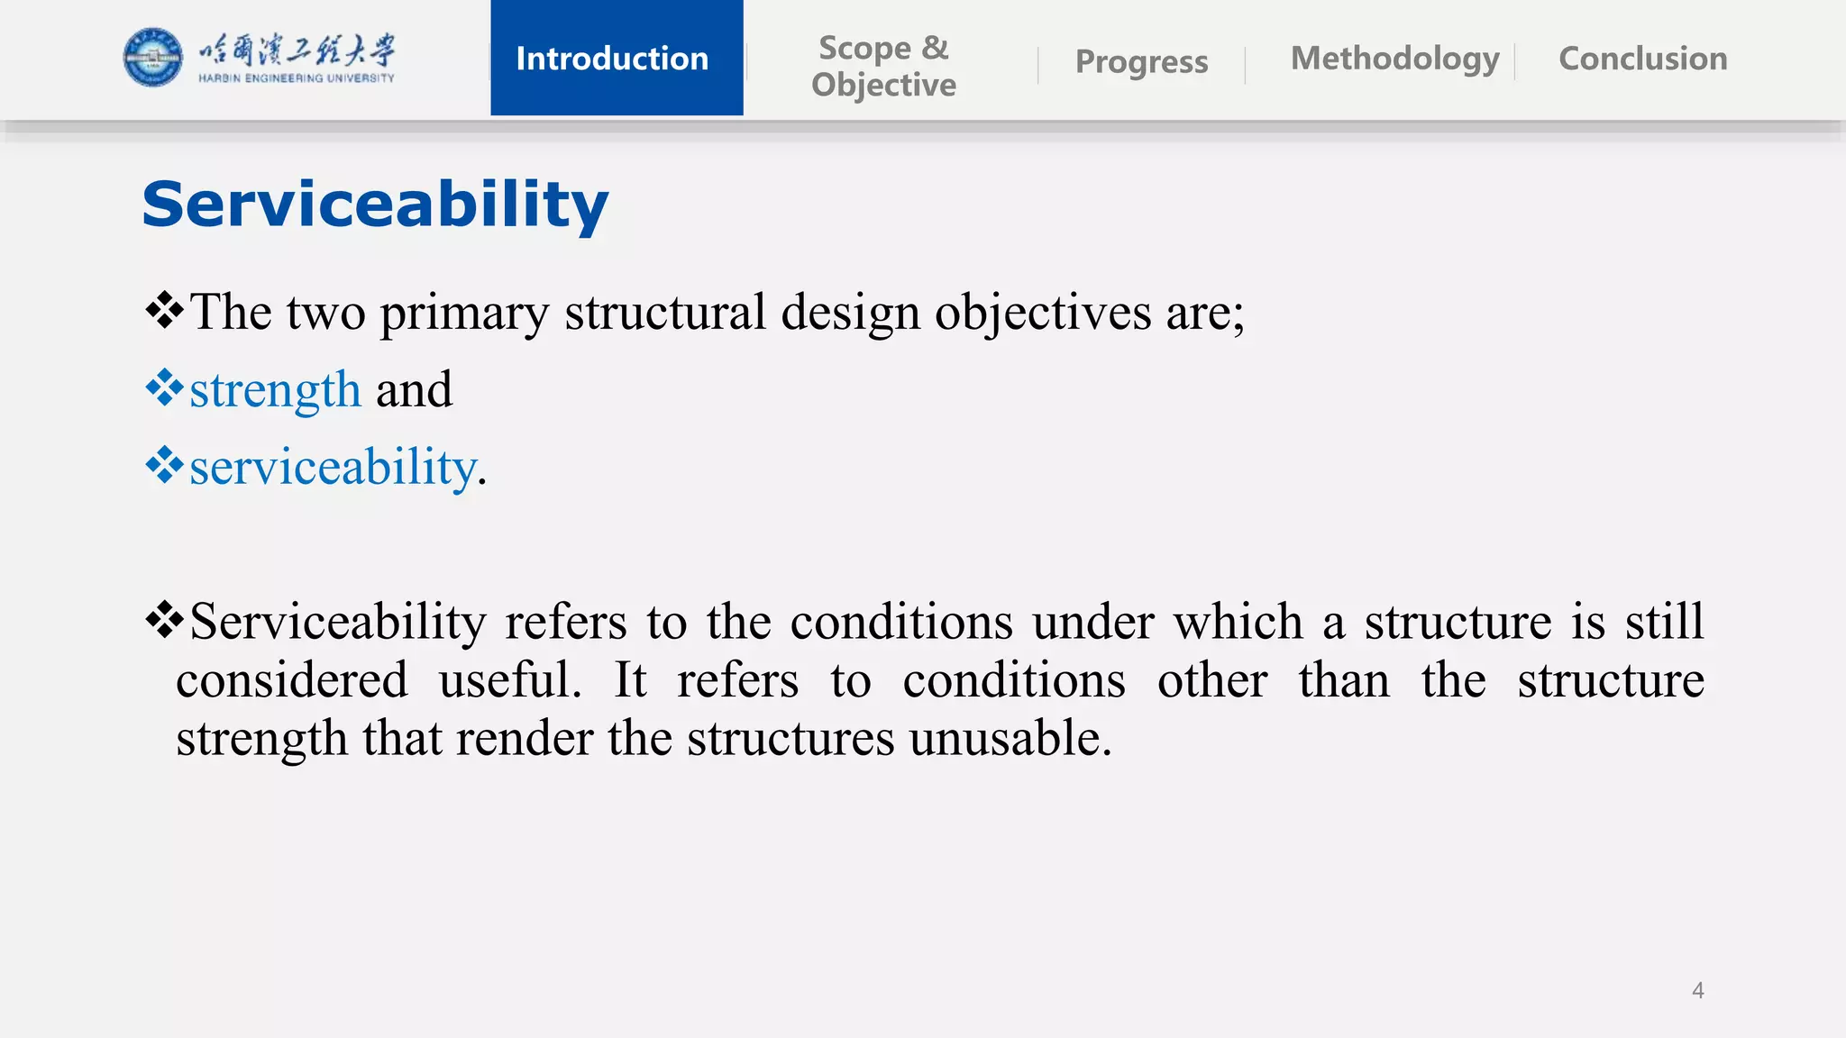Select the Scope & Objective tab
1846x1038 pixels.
tap(883, 66)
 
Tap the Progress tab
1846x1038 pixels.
tap(1141, 62)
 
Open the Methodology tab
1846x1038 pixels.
tap(1394, 59)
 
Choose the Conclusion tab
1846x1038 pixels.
tap(1642, 59)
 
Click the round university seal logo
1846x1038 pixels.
tap(152, 58)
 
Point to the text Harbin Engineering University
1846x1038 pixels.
tap(297, 78)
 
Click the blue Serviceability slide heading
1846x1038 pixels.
tap(375, 205)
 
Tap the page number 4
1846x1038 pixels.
tap(1697, 991)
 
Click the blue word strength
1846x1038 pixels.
tap(275, 391)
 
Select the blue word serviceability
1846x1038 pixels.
tap(333, 469)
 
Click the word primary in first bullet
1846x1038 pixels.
tap(463, 314)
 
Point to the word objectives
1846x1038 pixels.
tap(1042, 314)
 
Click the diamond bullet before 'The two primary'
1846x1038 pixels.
tap(164, 312)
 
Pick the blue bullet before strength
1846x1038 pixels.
tap(164, 389)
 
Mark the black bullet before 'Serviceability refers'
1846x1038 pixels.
tap(164, 621)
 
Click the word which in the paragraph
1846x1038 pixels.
tap(1238, 622)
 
